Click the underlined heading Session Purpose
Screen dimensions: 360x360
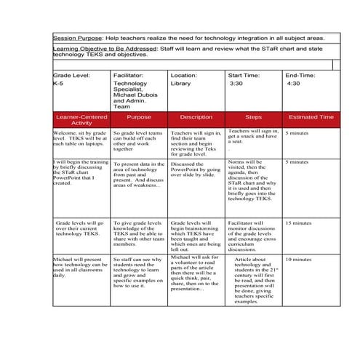tap(76, 38)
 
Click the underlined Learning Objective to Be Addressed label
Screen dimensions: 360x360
tap(105, 49)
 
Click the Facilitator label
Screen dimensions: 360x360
tap(129, 75)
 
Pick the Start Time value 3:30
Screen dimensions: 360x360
tap(236, 84)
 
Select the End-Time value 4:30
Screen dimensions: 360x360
tap(293, 84)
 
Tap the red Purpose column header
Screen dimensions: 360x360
tap(139, 116)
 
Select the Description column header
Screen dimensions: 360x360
tap(196, 116)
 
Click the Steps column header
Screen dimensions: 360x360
tap(253, 116)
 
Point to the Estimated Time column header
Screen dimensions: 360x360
tap(311, 116)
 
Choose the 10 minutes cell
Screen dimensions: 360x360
tap(298, 259)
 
